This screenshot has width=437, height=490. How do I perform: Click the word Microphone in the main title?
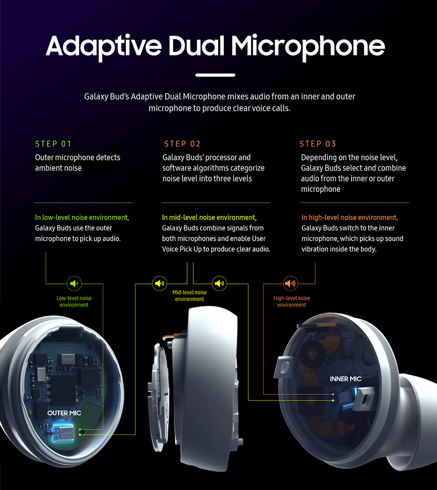point(307,47)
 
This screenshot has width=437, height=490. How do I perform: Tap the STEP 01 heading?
point(53,144)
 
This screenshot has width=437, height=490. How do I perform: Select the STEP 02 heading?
point(183,144)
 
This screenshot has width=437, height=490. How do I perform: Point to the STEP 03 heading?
point(318,144)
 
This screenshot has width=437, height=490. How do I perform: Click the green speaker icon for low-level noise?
point(74,283)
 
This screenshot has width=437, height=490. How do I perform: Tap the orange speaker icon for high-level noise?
point(290,283)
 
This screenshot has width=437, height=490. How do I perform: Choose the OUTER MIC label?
point(64,413)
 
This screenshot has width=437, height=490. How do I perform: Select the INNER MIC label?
point(345,379)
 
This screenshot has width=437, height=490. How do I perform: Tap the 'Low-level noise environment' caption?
point(74,301)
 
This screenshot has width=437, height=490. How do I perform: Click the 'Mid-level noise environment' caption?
point(189,296)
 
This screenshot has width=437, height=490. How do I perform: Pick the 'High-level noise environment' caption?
point(292,301)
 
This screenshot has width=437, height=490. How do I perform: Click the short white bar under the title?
point(215,75)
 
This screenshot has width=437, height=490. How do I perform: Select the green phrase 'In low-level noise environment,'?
point(82,217)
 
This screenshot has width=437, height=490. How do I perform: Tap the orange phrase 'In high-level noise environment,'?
point(350,217)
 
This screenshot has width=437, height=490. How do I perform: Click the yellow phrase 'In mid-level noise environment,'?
point(209,217)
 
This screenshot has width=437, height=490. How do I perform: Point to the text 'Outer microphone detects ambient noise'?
point(77,162)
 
